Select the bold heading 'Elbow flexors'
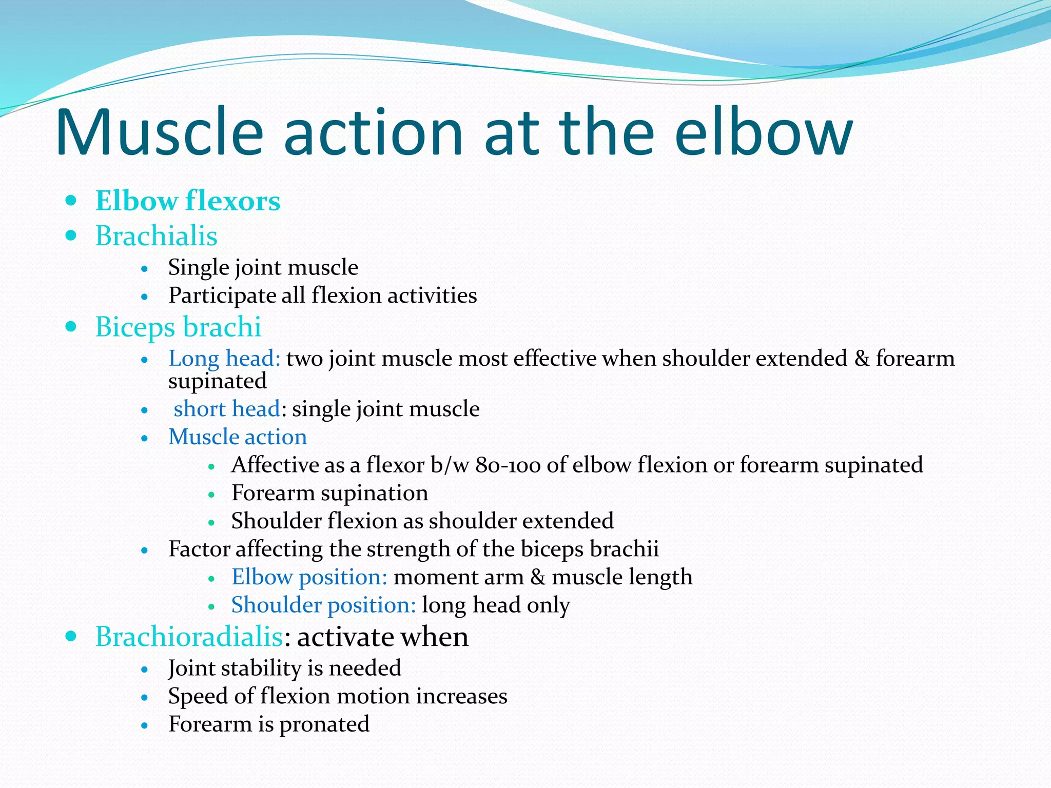pyautogui.click(x=188, y=201)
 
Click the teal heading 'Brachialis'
pyautogui.click(x=157, y=236)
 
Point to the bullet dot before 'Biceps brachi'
pyautogui.click(x=71, y=326)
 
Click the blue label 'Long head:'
pyautogui.click(x=224, y=358)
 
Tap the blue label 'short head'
pyautogui.click(x=227, y=409)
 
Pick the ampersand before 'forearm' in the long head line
pyautogui.click(x=862, y=358)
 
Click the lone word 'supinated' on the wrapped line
pyautogui.click(x=218, y=381)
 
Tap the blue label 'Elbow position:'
pyautogui.click(x=309, y=577)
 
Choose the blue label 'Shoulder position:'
pyautogui.click(x=323, y=605)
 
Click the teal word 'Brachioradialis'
pyautogui.click(x=189, y=637)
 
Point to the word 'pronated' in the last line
pyautogui.click(x=324, y=724)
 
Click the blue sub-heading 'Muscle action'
pyautogui.click(x=238, y=437)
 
